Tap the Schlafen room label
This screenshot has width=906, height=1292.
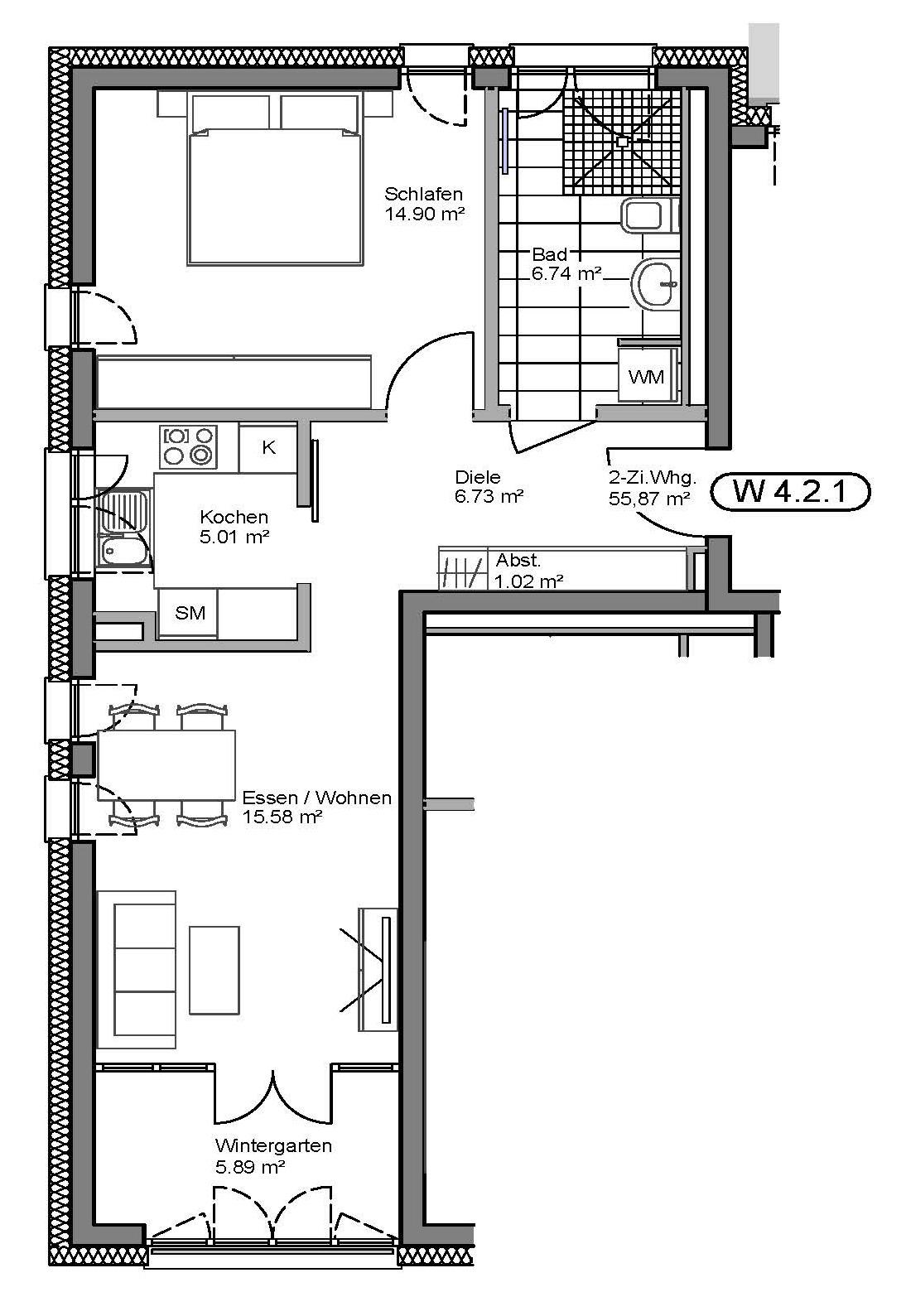[423, 194]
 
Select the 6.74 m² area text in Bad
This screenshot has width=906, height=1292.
[566, 272]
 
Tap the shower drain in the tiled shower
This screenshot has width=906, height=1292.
[622, 141]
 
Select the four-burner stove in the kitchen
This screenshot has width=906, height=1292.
[188, 446]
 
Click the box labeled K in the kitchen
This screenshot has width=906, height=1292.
[267, 448]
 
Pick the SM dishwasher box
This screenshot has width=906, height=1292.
[188, 613]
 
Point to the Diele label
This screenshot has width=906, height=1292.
[478, 477]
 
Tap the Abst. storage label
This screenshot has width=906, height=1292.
[518, 560]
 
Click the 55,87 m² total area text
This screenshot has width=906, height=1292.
[648, 498]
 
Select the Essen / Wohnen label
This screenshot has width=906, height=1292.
[316, 798]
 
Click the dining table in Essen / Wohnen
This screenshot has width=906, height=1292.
[166, 765]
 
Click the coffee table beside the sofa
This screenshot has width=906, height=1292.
[214, 970]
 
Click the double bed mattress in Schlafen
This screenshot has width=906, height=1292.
[275, 197]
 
